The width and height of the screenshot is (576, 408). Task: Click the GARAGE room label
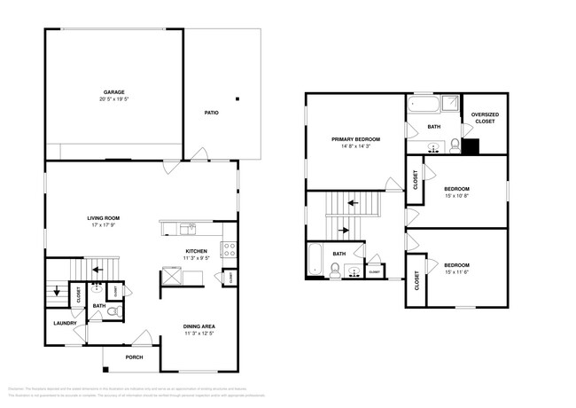pyautogui.click(x=113, y=91)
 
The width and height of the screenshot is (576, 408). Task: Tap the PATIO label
pyautogui.click(x=211, y=113)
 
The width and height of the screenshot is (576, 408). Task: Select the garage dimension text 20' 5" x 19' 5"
pyautogui.click(x=113, y=99)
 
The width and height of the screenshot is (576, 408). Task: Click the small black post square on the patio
pyautogui.click(x=237, y=98)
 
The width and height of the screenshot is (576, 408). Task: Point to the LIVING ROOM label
pyautogui.click(x=103, y=217)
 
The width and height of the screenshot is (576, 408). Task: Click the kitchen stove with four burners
pyautogui.click(x=228, y=250)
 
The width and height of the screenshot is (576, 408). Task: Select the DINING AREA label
pyautogui.click(x=199, y=326)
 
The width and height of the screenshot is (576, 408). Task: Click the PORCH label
pyautogui.click(x=134, y=357)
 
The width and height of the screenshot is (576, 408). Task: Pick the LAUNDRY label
pyautogui.click(x=62, y=323)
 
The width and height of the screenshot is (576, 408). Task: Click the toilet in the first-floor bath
pyautogui.click(x=111, y=312)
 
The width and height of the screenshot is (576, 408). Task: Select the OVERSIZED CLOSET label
pyautogui.click(x=484, y=118)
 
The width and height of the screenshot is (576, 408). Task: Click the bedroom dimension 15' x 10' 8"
pyautogui.click(x=456, y=197)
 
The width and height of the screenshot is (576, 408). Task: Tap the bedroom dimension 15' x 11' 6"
pyautogui.click(x=456, y=273)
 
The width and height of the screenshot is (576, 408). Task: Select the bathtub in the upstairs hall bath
pyautogui.click(x=315, y=258)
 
